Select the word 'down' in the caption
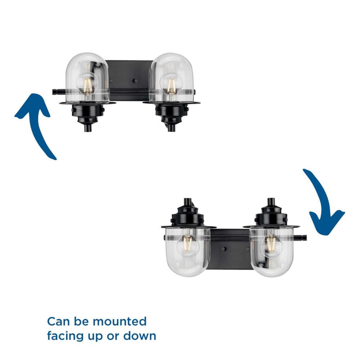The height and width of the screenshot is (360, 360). [x=140, y=336]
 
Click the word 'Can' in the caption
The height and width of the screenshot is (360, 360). [x=58, y=321]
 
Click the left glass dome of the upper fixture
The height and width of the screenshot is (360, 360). [x=87, y=78]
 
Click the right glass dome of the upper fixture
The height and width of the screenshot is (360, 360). [x=171, y=78]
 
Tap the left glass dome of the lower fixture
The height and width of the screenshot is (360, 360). [x=188, y=251]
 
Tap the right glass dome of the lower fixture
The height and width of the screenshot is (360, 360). [x=272, y=251]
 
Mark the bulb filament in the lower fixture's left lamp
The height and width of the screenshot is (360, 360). [x=188, y=244]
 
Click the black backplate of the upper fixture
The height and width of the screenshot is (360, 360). [x=130, y=80]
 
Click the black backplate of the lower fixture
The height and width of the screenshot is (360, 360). [x=230, y=249]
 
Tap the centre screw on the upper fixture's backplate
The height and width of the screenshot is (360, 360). [x=136, y=81]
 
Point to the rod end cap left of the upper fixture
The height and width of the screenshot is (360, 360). [x=55, y=92]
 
